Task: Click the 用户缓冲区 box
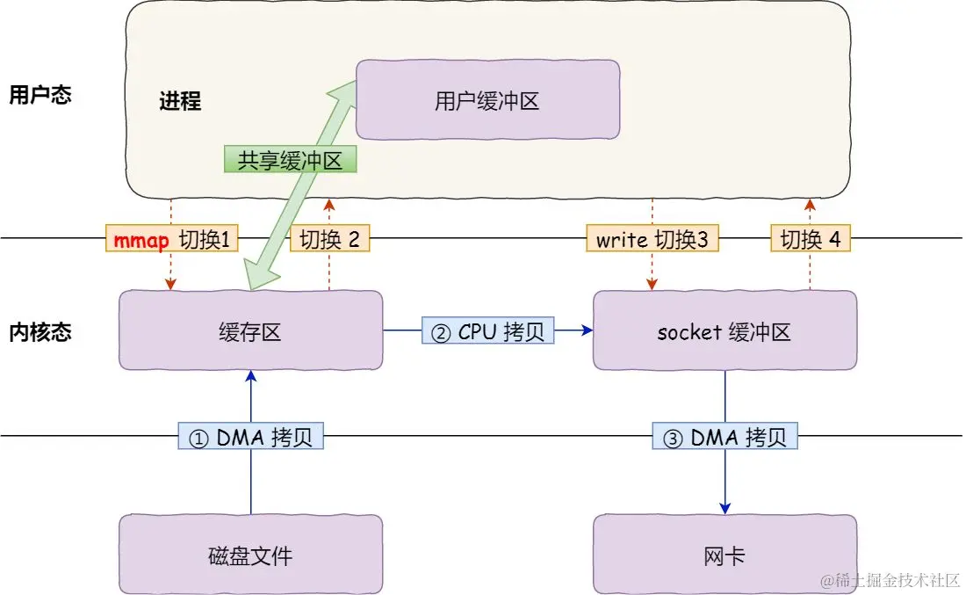(x=487, y=100)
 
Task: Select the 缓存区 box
(x=249, y=330)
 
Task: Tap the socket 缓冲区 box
(x=724, y=330)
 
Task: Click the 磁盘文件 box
(x=249, y=555)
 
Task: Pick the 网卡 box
(x=724, y=555)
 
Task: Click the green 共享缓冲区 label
(x=290, y=159)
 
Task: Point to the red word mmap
(x=141, y=240)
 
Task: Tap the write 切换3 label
(x=652, y=240)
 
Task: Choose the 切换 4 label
(x=811, y=240)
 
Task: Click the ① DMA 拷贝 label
(x=251, y=437)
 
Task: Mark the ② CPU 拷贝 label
(x=487, y=330)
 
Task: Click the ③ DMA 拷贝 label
(x=725, y=437)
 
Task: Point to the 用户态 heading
(x=40, y=95)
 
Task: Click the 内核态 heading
(x=40, y=331)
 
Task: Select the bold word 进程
(x=180, y=101)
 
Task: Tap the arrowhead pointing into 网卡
(x=725, y=508)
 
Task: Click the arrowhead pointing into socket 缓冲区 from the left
(x=586, y=330)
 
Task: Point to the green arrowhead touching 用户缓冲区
(x=346, y=86)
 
